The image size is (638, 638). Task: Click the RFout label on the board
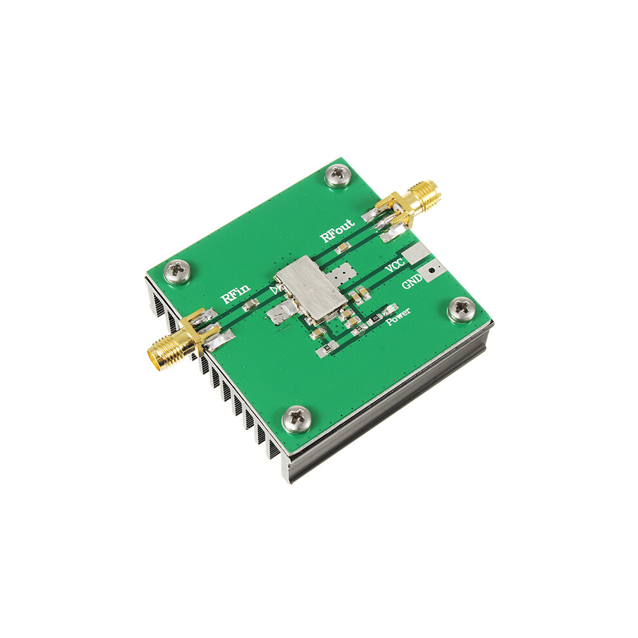coord(337,231)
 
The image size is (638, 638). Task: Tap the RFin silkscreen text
coord(235,294)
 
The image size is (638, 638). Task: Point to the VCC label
coord(394,265)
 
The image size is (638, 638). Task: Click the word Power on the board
coord(398,316)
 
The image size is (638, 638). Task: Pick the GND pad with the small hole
coord(432,270)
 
